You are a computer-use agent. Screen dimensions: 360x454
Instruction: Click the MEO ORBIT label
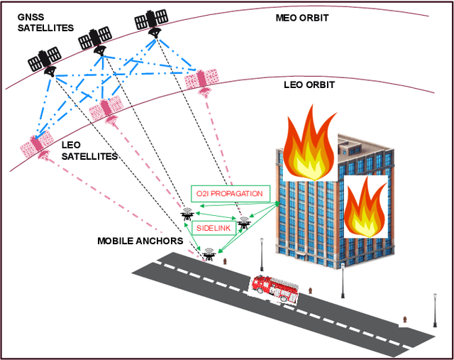(x=301, y=17)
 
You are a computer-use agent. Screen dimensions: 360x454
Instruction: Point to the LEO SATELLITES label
(x=89, y=150)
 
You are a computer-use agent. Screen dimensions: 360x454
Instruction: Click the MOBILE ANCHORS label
(x=140, y=241)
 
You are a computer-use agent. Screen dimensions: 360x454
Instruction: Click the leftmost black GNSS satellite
(x=47, y=60)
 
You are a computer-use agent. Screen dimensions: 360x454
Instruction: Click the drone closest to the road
(x=209, y=253)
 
